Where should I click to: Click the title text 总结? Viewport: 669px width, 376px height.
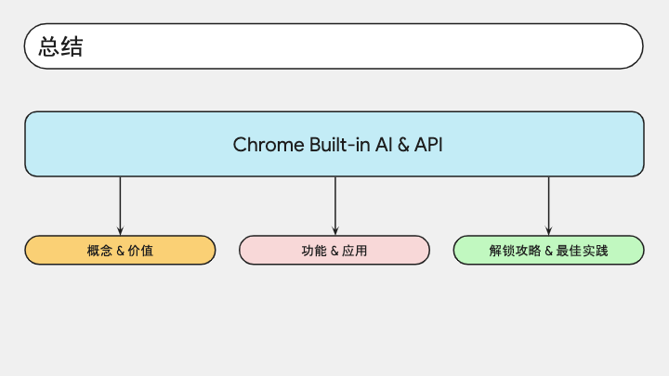(61, 46)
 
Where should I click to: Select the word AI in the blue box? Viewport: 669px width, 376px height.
(384, 145)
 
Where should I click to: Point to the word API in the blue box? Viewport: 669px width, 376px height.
(428, 145)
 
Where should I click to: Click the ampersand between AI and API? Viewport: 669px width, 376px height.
(403, 145)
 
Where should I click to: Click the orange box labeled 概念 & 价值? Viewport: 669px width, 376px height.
(120, 251)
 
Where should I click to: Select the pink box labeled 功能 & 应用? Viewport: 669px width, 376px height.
(334, 251)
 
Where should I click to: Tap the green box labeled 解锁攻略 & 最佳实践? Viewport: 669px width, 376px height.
(549, 251)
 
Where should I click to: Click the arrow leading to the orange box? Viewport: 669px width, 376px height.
(120, 206)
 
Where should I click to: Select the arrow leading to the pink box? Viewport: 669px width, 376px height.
(335, 206)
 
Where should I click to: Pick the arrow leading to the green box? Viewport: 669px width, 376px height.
(549, 206)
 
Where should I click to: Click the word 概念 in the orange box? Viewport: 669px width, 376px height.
(99, 251)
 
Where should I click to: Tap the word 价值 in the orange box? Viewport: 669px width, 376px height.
(140, 251)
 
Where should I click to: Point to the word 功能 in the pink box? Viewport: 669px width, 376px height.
(314, 251)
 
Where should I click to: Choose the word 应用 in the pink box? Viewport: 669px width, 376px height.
(355, 251)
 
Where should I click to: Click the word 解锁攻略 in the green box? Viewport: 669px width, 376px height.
(515, 251)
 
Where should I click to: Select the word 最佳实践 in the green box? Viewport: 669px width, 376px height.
(582, 251)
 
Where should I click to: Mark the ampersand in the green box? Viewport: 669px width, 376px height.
(549, 251)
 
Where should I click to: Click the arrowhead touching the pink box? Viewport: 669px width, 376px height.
(335, 231)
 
